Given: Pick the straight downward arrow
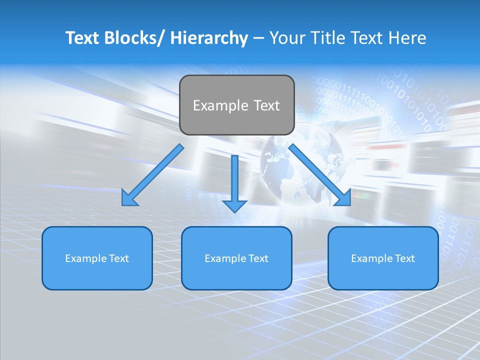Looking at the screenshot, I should click(x=234, y=182).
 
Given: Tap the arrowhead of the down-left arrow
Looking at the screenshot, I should click(x=129, y=198).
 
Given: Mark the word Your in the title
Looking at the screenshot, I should click(x=285, y=38).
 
